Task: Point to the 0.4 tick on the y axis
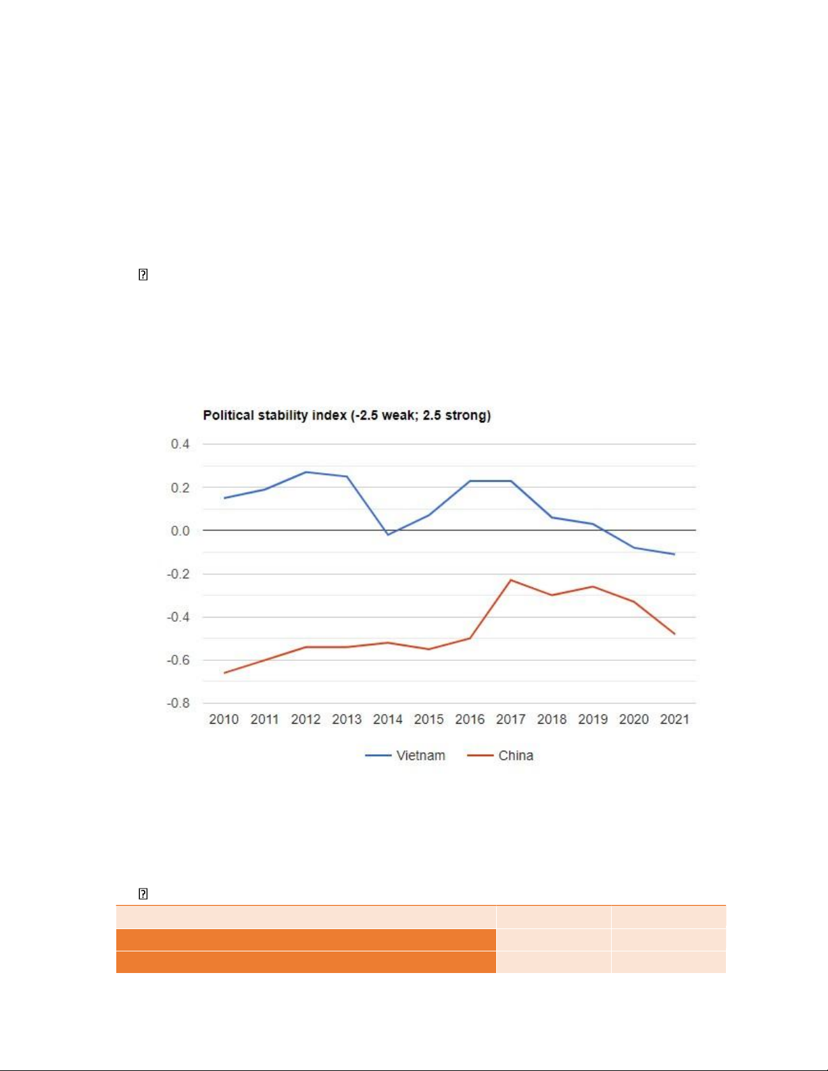click(180, 444)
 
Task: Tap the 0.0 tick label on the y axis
click(180, 530)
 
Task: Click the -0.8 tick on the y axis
click(178, 703)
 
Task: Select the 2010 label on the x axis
click(224, 719)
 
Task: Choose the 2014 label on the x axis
click(388, 719)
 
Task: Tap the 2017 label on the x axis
click(511, 719)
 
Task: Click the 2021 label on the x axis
click(675, 719)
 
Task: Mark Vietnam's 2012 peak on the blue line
click(306, 472)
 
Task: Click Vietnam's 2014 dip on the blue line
click(388, 534)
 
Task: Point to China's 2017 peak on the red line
click(511, 580)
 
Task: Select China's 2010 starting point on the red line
click(224, 672)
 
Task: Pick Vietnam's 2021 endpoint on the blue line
click(675, 554)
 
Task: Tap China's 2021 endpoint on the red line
click(675, 634)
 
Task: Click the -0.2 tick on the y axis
click(178, 574)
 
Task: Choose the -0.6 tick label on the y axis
click(178, 659)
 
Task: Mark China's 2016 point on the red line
click(470, 638)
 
